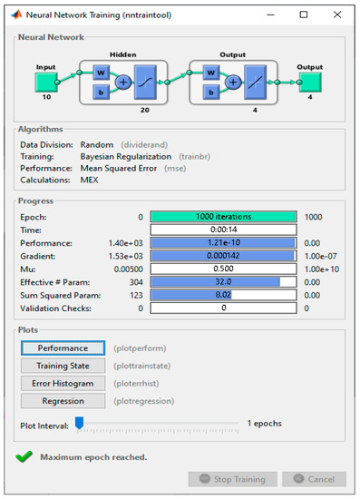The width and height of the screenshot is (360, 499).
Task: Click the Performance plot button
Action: (63, 347)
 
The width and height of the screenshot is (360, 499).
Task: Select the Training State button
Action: (63, 365)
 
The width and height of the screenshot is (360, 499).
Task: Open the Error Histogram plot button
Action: (63, 383)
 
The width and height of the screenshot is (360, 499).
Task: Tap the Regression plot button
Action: (63, 401)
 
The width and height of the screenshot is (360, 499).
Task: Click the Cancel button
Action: (314, 479)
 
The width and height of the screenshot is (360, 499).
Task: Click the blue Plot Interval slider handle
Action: (79, 423)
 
